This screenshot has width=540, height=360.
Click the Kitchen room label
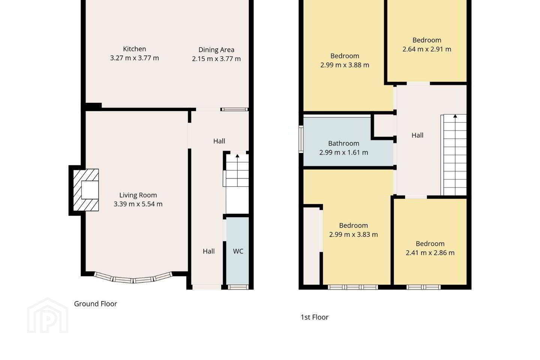click(x=134, y=49)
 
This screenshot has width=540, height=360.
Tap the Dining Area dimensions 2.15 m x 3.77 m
click(x=216, y=59)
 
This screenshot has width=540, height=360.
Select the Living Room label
click(x=138, y=195)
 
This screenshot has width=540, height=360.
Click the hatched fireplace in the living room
click(x=86, y=190)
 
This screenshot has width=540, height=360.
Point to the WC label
click(x=238, y=251)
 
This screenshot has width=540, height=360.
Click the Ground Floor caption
click(x=96, y=304)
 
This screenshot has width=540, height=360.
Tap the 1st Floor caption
click(x=314, y=317)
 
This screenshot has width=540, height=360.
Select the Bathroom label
click(x=343, y=144)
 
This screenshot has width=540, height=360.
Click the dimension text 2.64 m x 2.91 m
click(x=427, y=49)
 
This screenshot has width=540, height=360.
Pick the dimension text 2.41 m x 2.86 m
click(x=430, y=253)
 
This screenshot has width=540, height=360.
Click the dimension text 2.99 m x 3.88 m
click(x=345, y=65)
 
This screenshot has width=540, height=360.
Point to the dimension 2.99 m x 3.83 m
click(x=353, y=234)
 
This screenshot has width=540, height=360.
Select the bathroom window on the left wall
click(x=301, y=139)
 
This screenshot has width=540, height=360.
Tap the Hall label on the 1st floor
click(x=417, y=135)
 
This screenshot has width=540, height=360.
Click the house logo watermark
click(x=48, y=315)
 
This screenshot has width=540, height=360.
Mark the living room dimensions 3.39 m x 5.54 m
click(x=138, y=204)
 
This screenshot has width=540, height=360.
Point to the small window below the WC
click(x=238, y=287)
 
